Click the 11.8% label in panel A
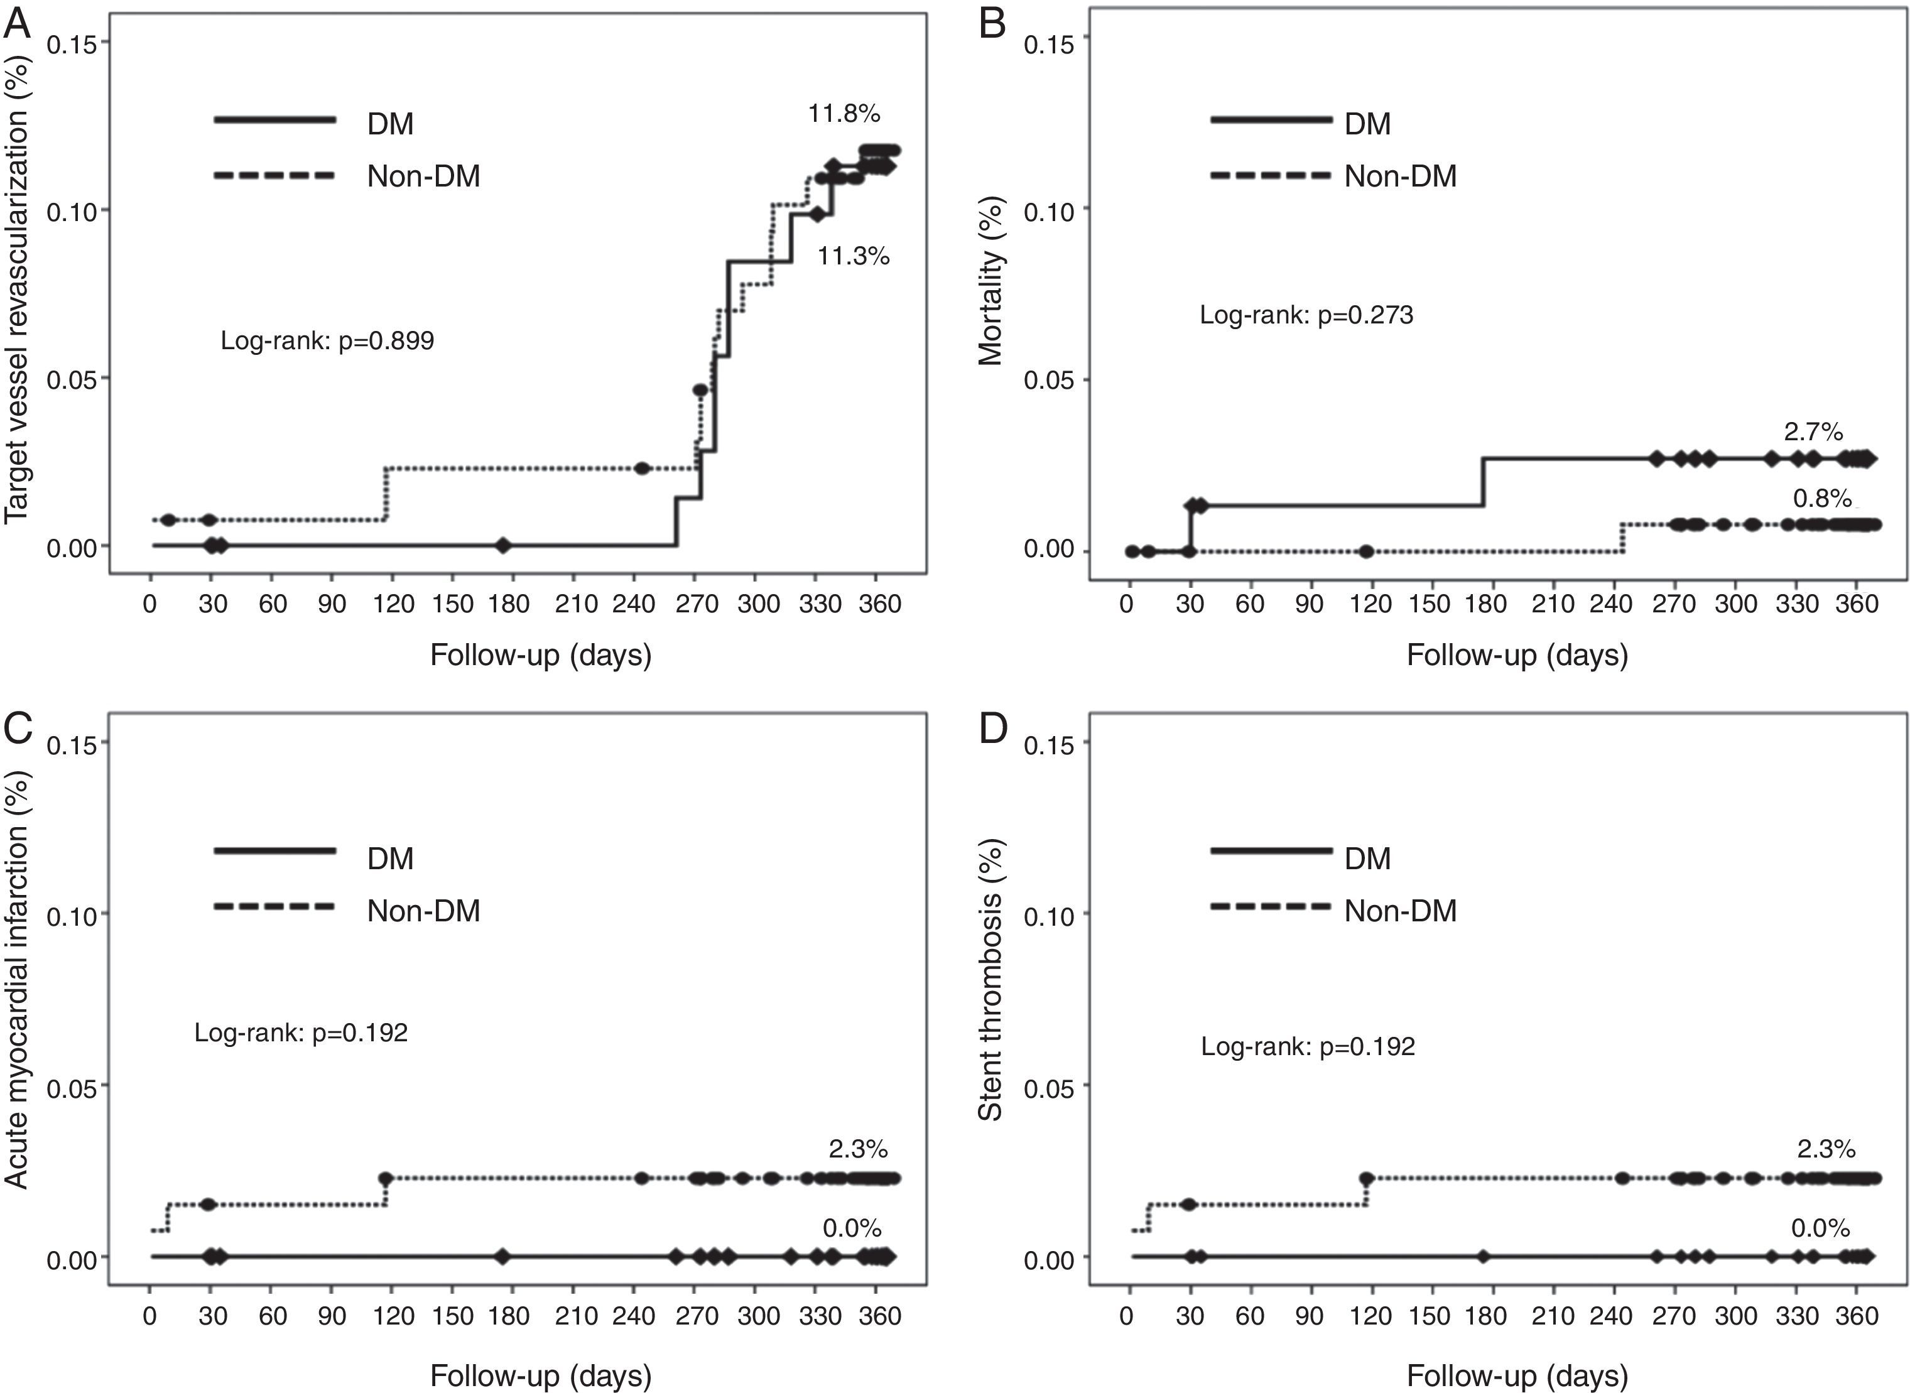click(844, 113)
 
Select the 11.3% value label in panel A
click(852, 256)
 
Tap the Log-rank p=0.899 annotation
click(327, 340)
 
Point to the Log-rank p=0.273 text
click(1306, 315)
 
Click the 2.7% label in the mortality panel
click(1813, 431)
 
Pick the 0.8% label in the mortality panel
click(1821, 498)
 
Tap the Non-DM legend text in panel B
click(1400, 176)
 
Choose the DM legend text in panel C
click(391, 859)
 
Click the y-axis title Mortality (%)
click(991, 281)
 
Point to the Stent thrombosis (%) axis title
click(991, 980)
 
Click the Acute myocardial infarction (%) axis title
click(17, 980)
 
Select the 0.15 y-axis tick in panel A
click(71, 44)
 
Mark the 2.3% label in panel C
click(857, 1149)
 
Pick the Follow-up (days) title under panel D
click(1516, 1376)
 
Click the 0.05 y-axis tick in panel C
click(71, 1088)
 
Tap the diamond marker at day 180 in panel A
click(502, 546)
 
